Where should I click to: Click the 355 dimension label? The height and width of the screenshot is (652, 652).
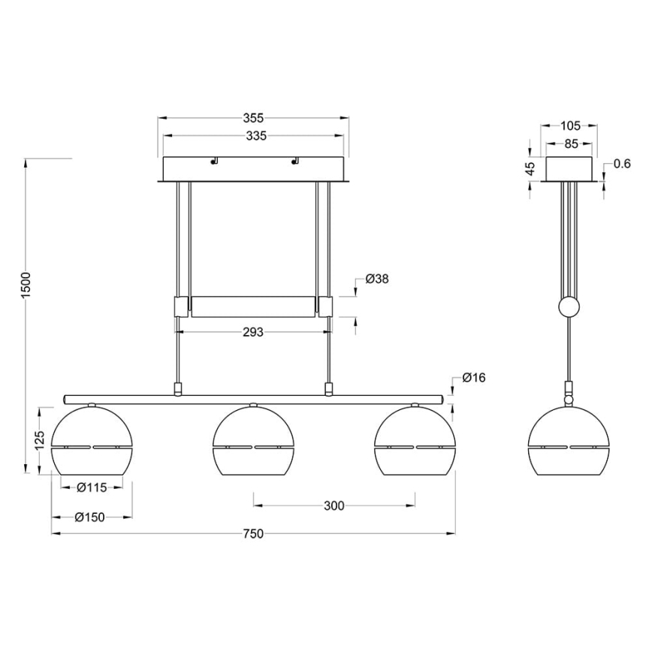[253, 118]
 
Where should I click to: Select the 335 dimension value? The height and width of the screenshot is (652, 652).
[253, 136]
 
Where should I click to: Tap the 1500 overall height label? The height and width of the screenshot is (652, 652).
[26, 285]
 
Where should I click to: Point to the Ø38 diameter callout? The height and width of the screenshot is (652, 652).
[376, 279]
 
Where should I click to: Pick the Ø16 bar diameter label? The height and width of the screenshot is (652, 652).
[474, 378]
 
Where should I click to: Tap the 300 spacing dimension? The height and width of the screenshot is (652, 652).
[334, 506]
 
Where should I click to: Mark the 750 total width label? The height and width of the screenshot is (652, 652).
[253, 534]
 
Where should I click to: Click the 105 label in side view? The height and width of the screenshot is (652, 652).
[570, 125]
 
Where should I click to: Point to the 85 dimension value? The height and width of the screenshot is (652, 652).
[570, 143]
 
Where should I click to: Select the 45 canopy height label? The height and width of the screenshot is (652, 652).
[530, 170]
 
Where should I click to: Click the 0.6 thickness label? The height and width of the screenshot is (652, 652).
[620, 165]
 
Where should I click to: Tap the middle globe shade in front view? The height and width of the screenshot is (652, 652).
[254, 442]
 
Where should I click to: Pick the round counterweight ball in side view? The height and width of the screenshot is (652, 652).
[569, 307]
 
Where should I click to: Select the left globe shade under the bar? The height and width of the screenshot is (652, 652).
[92, 442]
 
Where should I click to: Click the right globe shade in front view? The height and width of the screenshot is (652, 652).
[415, 442]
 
